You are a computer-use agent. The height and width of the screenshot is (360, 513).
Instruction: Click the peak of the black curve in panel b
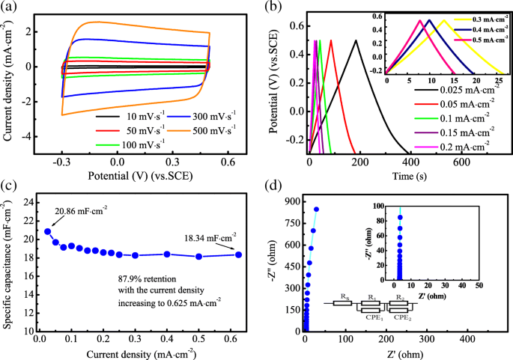(356, 40)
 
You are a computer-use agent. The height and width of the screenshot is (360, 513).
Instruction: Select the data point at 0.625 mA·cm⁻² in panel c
(238, 254)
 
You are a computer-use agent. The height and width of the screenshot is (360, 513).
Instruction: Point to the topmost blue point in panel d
(316, 210)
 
